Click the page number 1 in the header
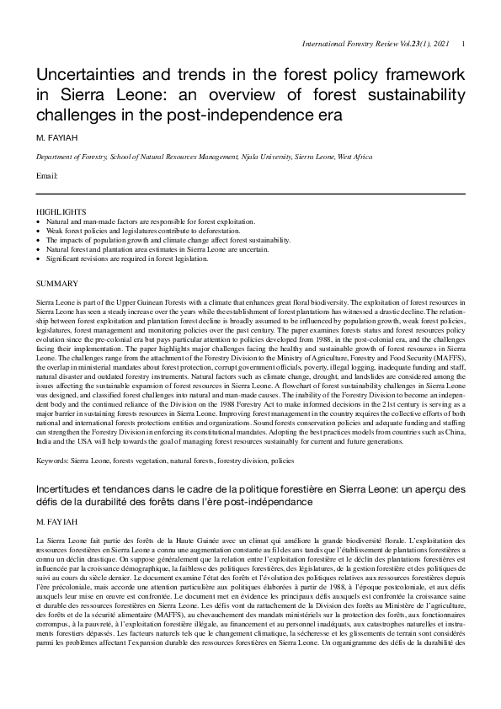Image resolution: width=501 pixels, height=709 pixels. coord(465,44)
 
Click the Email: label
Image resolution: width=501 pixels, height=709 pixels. coord(46,176)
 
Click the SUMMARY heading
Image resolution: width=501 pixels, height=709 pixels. coord(54,283)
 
